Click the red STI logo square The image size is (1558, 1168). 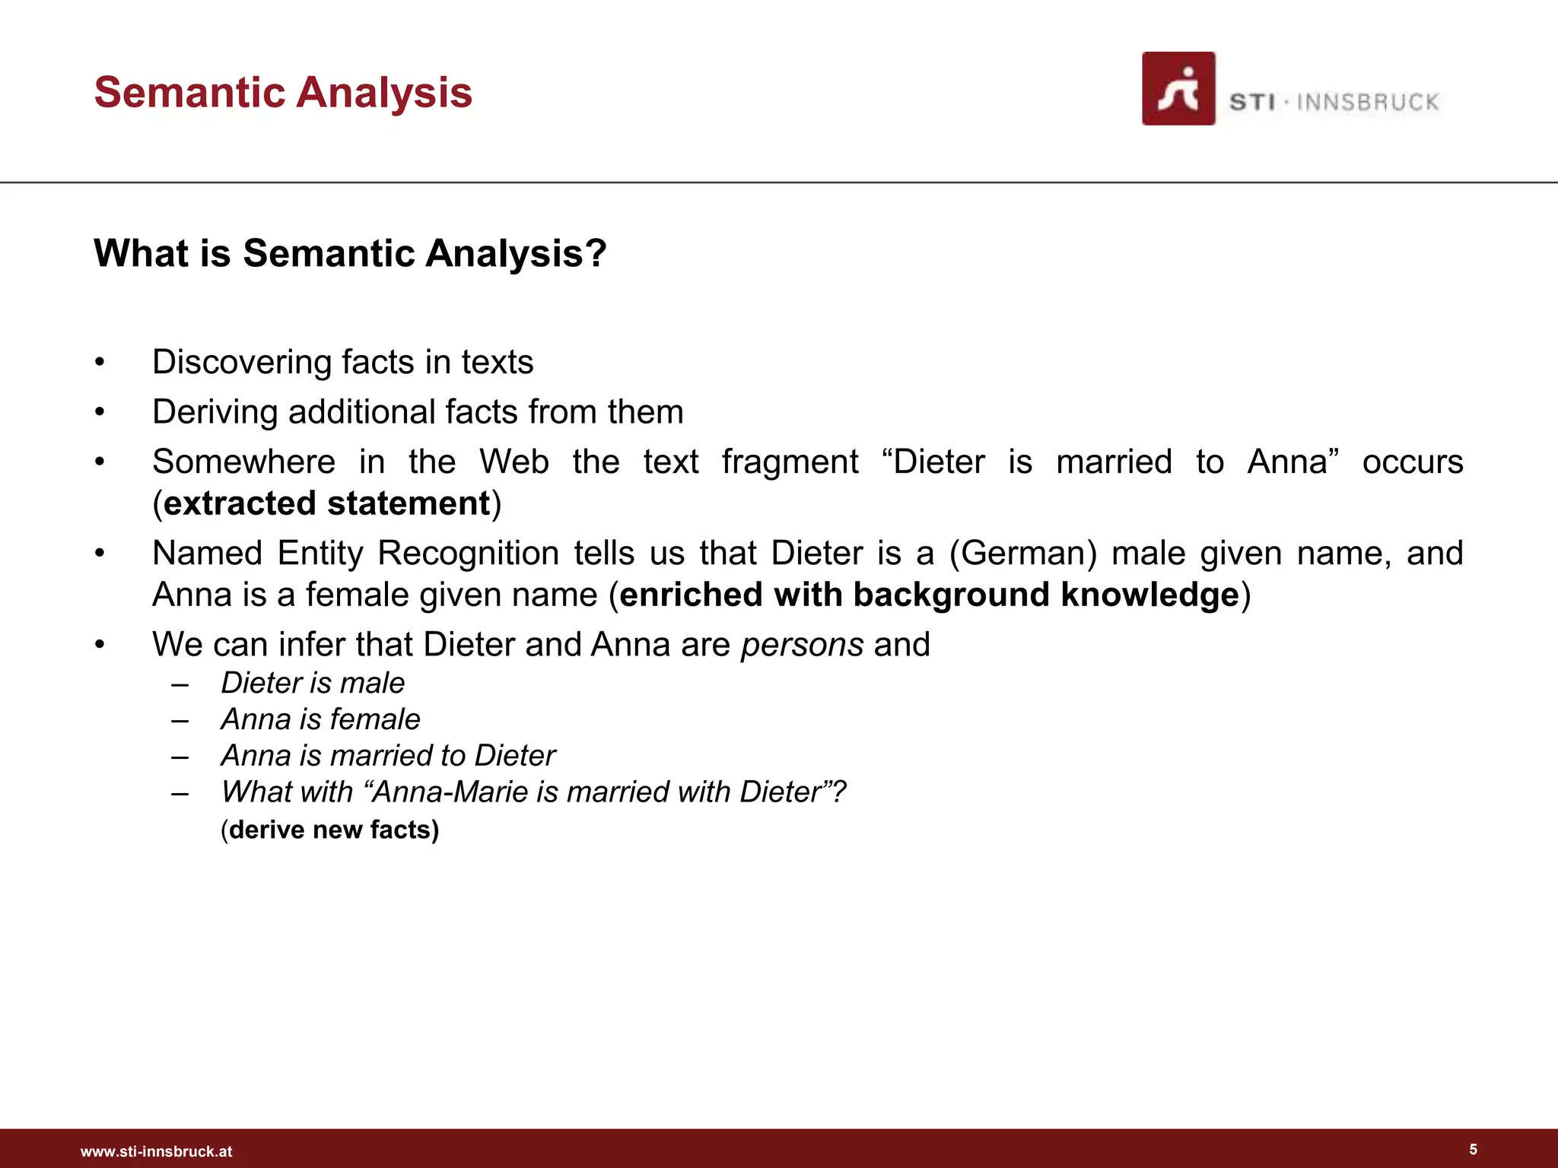click(1178, 89)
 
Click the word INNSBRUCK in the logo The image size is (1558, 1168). click(1367, 103)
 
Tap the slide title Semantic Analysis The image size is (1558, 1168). click(283, 93)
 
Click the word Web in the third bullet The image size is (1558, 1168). click(514, 462)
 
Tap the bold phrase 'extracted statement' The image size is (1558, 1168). click(327, 503)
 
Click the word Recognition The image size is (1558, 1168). click(468, 553)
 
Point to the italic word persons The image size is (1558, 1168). click(802, 645)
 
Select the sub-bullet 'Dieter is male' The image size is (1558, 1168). click(313, 683)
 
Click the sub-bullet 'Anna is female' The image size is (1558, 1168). click(320, 719)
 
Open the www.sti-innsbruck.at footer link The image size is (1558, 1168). click(156, 1151)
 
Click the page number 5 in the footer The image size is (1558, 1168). click(1473, 1149)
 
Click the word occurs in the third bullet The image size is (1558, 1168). click(1412, 462)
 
